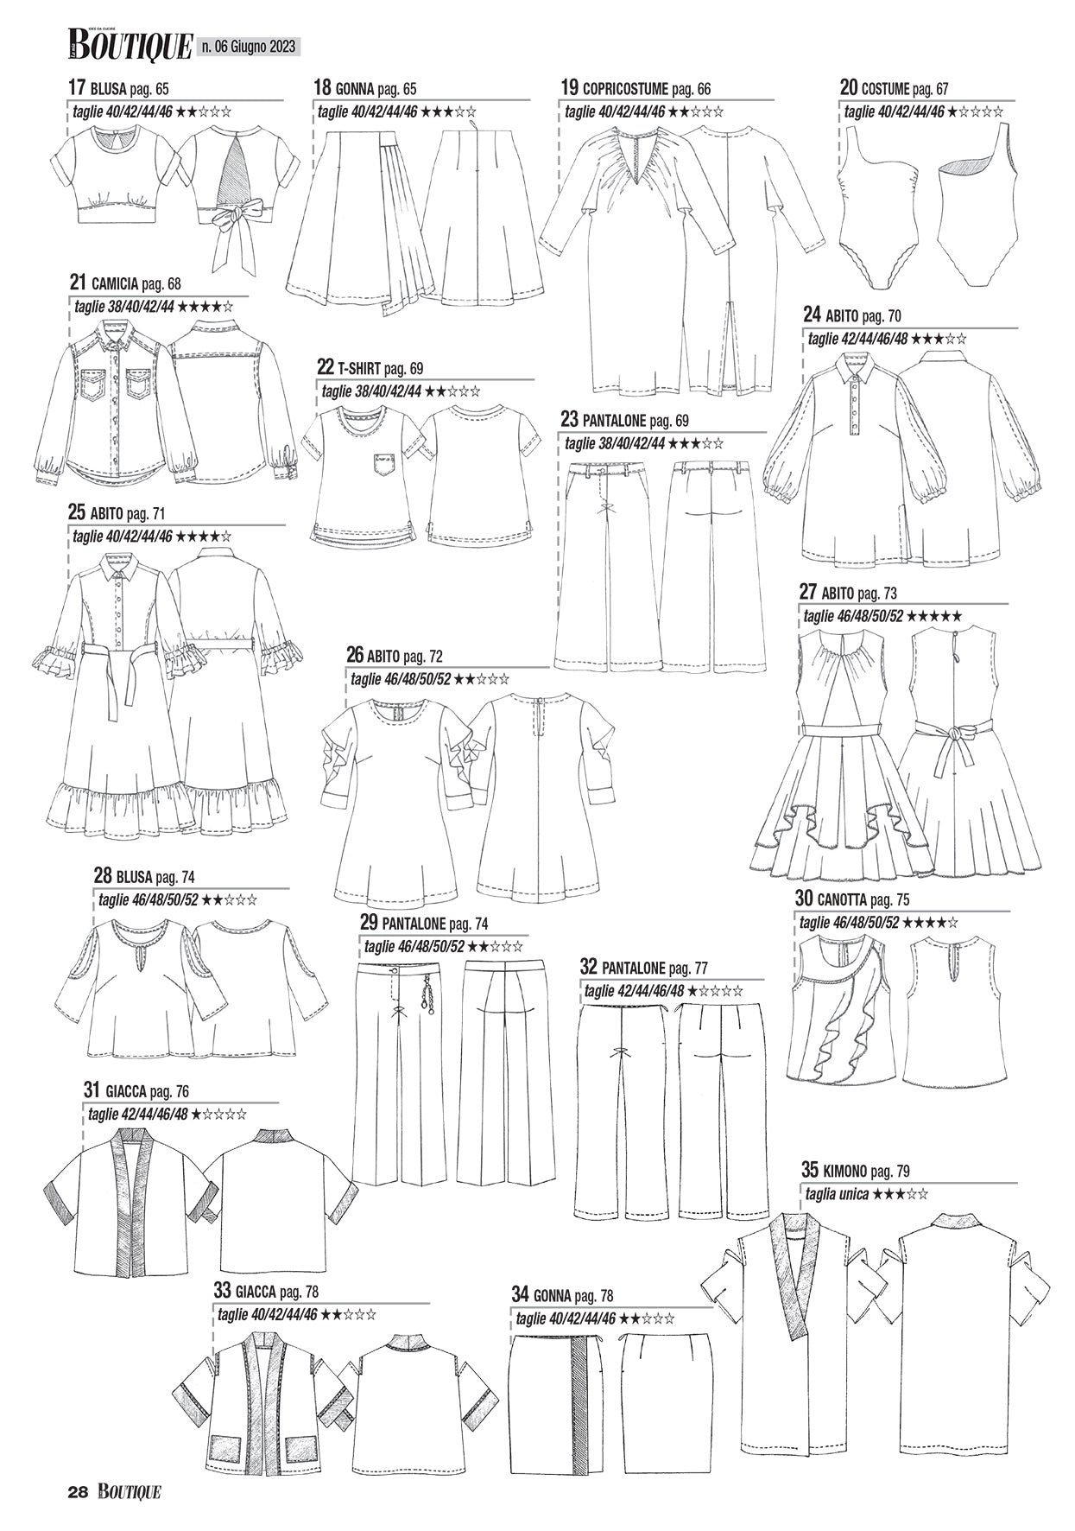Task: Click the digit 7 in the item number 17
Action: (x=81, y=87)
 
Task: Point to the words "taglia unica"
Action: (x=836, y=1196)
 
